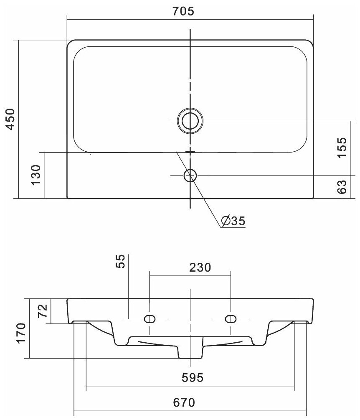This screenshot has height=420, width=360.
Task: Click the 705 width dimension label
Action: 183,11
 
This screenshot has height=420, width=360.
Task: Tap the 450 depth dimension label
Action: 10,119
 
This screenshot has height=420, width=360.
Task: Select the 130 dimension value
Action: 35,175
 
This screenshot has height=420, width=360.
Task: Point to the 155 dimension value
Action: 342,148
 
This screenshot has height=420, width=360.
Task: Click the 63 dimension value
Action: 342,187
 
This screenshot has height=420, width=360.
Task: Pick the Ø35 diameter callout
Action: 233,221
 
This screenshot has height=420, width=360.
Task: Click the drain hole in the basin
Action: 190,121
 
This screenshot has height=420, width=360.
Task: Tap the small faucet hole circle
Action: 190,176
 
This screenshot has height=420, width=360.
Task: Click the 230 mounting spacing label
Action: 200,267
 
